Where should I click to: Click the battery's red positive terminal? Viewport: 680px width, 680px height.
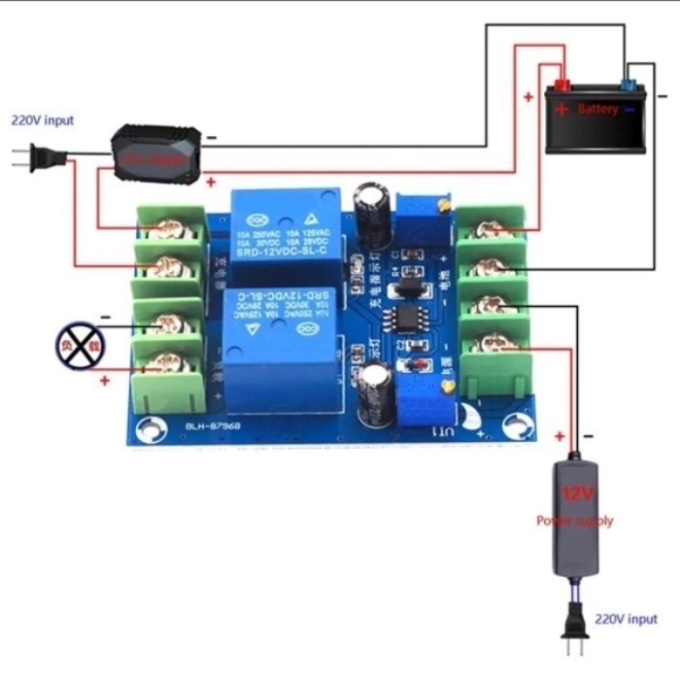point(561,85)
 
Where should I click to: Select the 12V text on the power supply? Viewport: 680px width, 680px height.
point(576,493)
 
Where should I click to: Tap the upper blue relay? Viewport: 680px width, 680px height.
point(286,226)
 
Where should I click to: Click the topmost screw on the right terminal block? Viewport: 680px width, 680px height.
point(493,229)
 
